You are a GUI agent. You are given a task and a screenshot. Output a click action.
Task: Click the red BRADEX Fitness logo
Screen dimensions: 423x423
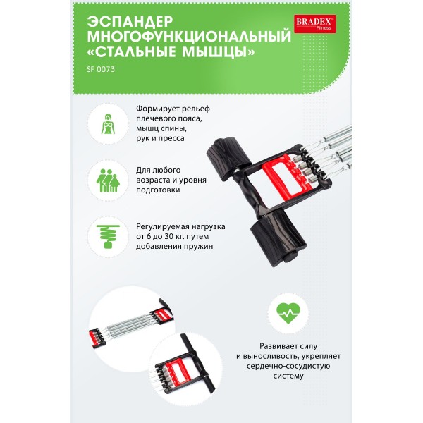315,24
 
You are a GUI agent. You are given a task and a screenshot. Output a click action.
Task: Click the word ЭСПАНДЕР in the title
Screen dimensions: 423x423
130,21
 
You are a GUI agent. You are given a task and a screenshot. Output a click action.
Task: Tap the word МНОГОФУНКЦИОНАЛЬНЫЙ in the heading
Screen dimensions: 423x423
189,37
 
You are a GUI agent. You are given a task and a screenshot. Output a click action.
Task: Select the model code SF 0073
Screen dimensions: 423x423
101,69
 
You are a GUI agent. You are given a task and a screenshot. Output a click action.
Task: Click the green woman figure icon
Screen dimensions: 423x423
108,124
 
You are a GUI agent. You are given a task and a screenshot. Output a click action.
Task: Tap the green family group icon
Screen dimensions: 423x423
108,180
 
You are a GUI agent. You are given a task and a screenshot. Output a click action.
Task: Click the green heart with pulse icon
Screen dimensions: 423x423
288,313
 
